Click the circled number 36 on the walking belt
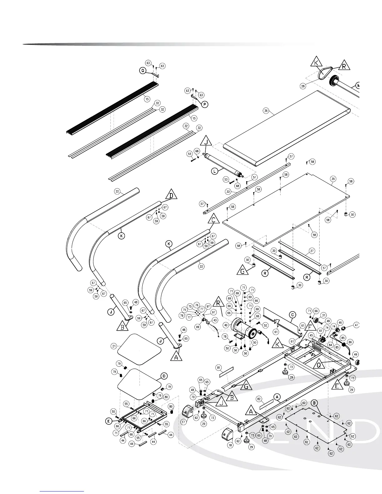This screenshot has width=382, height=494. coord(266,110)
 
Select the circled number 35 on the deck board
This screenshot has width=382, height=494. coord(333,179)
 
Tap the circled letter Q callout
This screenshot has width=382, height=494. coord(143,71)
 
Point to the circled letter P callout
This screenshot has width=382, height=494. coord(204,104)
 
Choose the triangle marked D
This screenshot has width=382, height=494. coord(171,195)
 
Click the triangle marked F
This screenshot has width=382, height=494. coord(310,326)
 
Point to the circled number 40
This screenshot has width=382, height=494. coord(226,325)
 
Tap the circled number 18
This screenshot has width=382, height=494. coord(230,445)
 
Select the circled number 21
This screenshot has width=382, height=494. coord(114,346)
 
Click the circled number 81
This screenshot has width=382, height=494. coord(218,368)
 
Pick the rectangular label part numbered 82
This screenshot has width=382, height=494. coord(266,407)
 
